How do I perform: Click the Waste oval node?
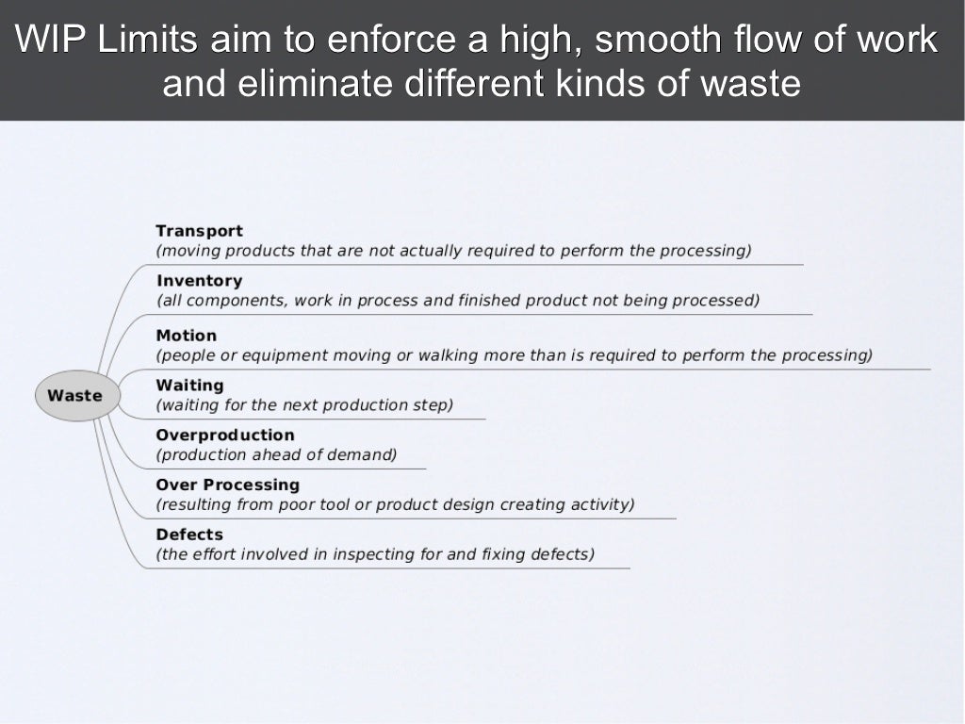point(74,396)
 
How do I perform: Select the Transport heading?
point(199,231)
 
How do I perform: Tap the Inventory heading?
point(199,281)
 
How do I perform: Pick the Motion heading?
point(186,336)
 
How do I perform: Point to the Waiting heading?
point(189,386)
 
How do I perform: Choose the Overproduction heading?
point(224,436)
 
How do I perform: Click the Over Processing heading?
point(227,485)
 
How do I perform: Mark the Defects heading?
point(189,535)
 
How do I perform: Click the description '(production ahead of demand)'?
point(276,455)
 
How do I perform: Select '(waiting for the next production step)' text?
point(304,405)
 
